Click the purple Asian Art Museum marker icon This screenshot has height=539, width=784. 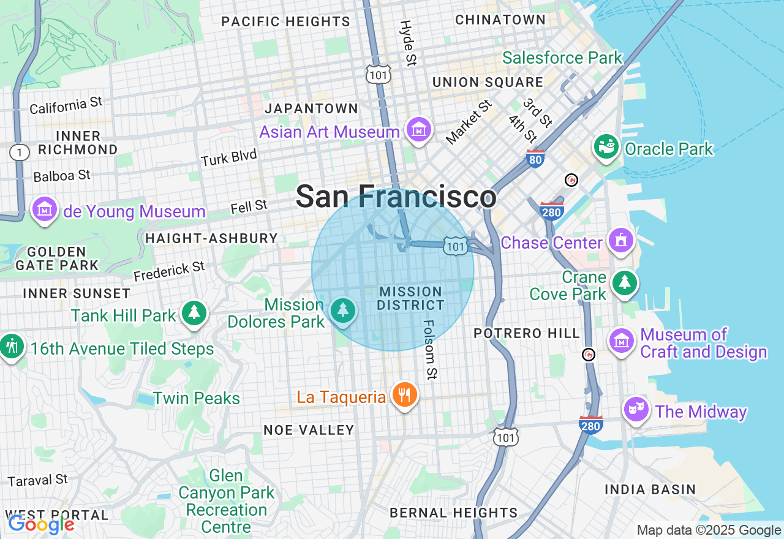pos(419,130)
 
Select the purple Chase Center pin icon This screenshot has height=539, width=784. pos(621,240)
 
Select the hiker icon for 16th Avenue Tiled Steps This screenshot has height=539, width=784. pos(12,347)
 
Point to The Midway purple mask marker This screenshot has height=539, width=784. pos(636,409)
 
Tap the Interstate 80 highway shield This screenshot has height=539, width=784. pos(535,159)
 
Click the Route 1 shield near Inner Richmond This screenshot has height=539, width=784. pos(20,153)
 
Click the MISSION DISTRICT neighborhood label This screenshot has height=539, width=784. pos(410,298)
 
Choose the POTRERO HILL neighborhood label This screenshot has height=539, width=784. pos(527,333)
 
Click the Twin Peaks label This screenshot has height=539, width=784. pos(196,398)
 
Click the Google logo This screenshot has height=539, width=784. pos(41,524)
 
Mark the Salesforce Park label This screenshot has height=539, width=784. pos(562,58)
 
